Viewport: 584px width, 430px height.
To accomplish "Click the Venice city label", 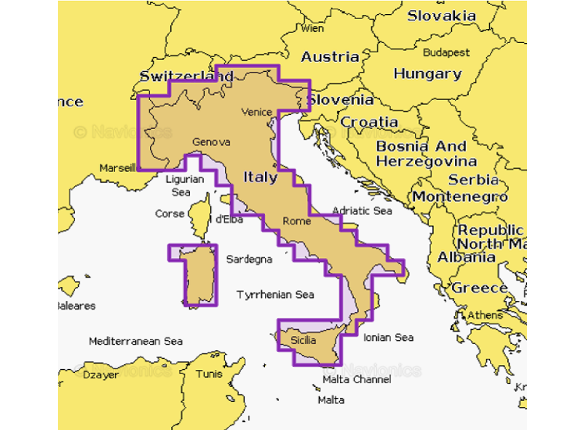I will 256,112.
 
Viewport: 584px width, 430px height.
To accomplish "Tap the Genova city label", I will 211,142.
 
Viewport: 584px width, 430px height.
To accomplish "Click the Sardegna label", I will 249,259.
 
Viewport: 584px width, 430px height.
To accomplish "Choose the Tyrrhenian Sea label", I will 275,295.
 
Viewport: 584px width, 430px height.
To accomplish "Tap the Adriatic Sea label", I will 362,211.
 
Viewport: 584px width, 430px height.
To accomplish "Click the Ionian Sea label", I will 388,337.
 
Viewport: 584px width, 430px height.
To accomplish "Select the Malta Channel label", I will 357,380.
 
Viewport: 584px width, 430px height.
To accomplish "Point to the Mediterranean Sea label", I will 135,341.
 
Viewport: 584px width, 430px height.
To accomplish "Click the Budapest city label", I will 446,53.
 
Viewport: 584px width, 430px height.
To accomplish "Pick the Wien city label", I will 312,28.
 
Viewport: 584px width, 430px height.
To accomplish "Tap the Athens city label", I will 485,315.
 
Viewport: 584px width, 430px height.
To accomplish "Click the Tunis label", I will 209,373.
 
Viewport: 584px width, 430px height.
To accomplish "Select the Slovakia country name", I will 441,16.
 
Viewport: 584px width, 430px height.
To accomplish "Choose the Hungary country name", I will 427,74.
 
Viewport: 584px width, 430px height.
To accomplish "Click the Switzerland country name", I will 186,77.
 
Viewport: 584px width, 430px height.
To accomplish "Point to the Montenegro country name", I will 460,197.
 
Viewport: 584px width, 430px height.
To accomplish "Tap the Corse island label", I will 170,214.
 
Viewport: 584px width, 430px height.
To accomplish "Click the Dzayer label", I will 101,375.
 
